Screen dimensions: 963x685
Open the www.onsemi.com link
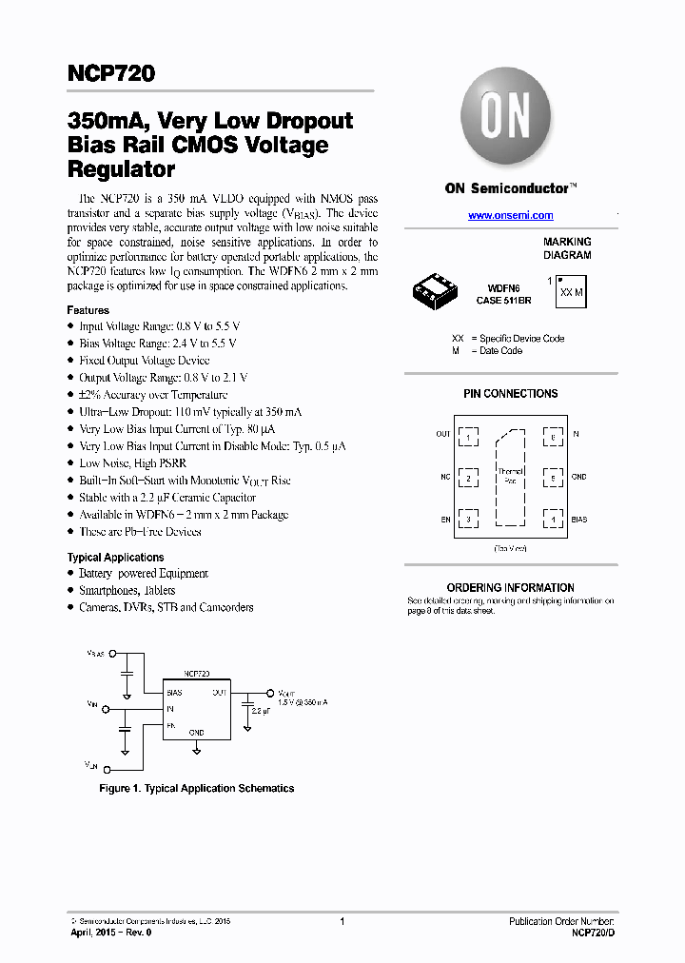511,216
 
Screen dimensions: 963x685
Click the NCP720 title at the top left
111,72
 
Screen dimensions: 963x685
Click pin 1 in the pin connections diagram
468,436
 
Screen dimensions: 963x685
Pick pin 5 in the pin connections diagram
552,477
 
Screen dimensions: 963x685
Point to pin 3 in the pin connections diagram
468,520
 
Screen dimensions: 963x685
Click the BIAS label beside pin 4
578,520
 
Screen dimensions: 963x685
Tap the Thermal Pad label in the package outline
510,475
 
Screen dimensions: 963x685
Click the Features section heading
88,310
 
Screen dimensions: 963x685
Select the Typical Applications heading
115,557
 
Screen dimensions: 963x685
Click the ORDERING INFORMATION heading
510,588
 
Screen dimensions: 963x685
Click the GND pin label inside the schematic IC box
195,732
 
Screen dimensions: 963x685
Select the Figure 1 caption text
197,788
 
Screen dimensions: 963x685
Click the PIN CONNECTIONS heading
510,394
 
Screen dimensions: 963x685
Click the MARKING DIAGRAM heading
567,248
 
